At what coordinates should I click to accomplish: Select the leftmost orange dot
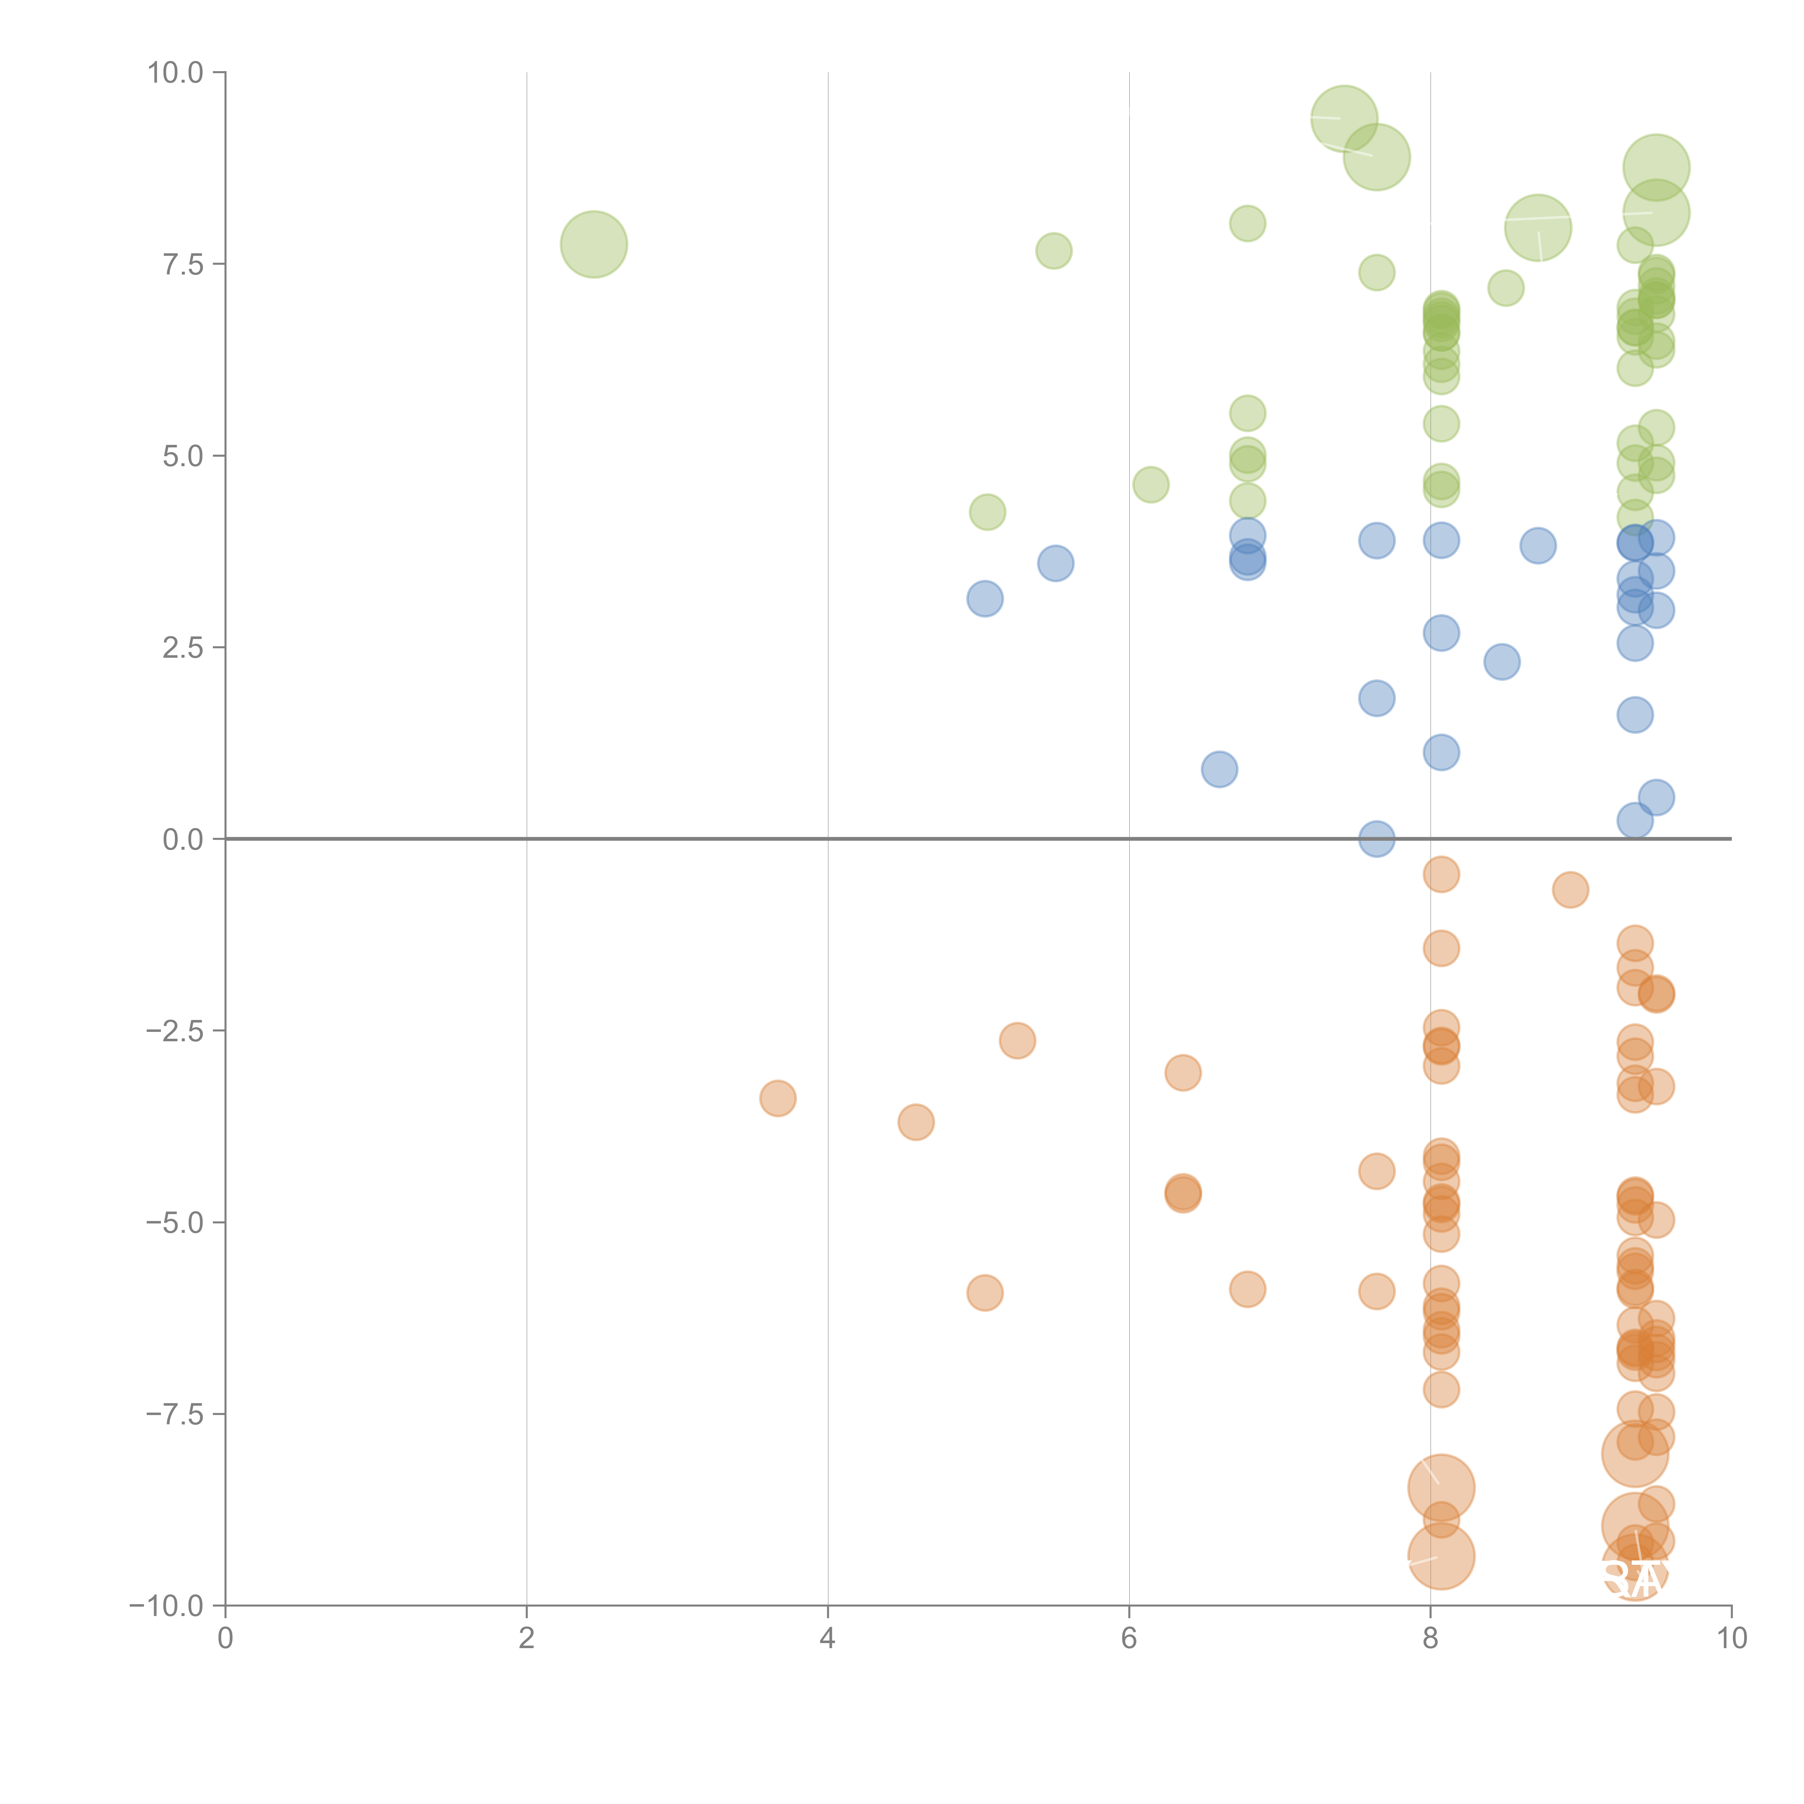778,1098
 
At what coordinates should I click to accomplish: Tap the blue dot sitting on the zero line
1376,838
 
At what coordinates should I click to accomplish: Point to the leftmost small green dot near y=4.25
987,512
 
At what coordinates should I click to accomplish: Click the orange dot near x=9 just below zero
1571,890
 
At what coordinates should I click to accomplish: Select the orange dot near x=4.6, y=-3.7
916,1122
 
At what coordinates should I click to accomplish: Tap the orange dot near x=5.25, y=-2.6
1017,1040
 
